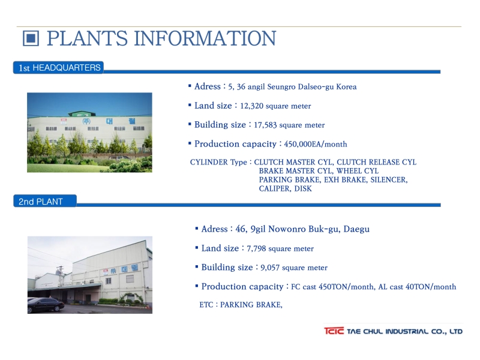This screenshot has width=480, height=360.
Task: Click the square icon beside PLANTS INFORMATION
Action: pyautogui.click(x=31, y=38)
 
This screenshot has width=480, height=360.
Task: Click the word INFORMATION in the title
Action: pyautogui.click(x=205, y=38)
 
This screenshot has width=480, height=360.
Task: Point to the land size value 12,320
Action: pyautogui.click(x=251, y=106)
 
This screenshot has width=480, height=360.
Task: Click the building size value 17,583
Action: pyautogui.click(x=265, y=125)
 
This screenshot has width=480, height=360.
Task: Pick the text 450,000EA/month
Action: pyautogui.click(x=316, y=144)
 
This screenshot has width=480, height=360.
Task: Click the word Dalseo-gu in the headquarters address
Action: pyautogui.click(x=316, y=87)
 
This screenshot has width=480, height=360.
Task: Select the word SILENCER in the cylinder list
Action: pyautogui.click(x=389, y=179)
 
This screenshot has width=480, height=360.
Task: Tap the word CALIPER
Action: pyautogui.click(x=275, y=188)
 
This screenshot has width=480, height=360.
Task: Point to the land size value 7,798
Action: pyautogui.click(x=256, y=248)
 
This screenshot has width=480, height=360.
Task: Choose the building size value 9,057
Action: pyautogui.click(x=270, y=268)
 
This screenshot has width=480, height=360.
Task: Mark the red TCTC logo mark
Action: pyautogui.click(x=334, y=331)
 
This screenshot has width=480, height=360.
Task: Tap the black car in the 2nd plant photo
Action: pyautogui.click(x=46, y=305)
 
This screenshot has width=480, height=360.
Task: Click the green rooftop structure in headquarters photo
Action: pyautogui.click(x=82, y=113)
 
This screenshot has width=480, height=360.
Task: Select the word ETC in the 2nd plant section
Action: pyautogui.click(x=206, y=305)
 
